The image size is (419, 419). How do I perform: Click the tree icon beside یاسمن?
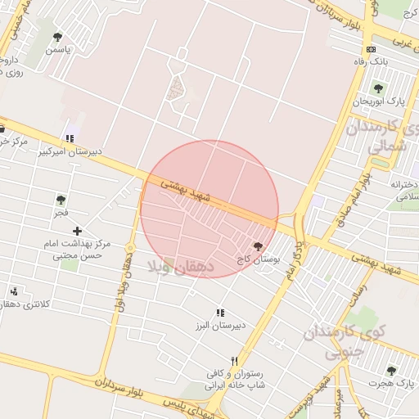(57, 37)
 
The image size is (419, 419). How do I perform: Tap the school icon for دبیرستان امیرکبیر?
(69, 137)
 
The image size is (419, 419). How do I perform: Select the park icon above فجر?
(61, 199)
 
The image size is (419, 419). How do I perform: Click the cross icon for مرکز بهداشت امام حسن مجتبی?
(77, 232)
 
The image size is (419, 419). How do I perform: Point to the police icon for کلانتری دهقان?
(14, 291)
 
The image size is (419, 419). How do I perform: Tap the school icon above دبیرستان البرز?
(219, 313)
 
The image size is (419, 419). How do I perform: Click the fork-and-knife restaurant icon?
(235, 360)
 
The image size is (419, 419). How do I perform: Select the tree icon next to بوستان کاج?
(259, 246)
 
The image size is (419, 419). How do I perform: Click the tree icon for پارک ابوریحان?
(377, 88)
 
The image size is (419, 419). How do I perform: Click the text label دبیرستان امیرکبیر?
(72, 151)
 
